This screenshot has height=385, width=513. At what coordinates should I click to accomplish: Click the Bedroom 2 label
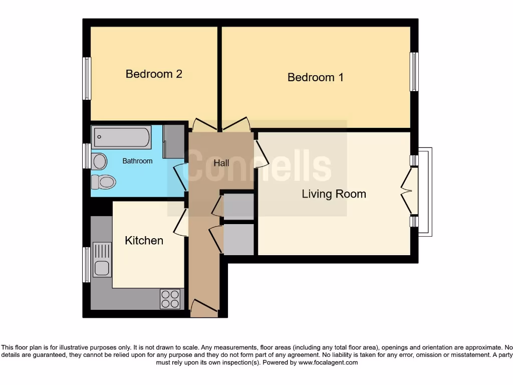(x=154, y=74)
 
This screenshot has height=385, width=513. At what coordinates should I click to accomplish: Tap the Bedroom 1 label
(x=315, y=77)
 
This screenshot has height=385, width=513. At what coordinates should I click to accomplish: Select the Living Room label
(x=334, y=194)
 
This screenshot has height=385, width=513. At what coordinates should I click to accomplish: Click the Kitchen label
(x=144, y=241)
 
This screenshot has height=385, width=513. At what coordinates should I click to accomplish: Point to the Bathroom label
(x=137, y=161)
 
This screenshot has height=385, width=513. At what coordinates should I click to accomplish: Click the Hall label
(x=221, y=163)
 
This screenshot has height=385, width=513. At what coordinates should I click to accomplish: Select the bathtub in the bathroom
(x=122, y=137)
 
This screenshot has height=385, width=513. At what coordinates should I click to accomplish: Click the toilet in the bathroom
(x=104, y=181)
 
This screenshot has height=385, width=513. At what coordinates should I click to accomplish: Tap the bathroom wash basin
(x=100, y=161)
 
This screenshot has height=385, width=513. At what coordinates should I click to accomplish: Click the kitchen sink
(x=102, y=260)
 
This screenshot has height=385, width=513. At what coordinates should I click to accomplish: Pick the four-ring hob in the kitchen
(x=170, y=299)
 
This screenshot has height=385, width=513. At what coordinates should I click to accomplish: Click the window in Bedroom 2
(x=87, y=78)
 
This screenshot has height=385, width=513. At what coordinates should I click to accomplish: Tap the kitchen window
(x=87, y=264)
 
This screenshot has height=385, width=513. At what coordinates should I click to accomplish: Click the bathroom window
(x=87, y=156)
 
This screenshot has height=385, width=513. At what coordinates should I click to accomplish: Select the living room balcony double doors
(x=410, y=190)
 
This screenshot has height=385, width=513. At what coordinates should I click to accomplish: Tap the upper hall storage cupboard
(x=238, y=207)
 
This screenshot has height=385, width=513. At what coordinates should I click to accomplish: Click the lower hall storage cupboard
(x=238, y=239)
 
